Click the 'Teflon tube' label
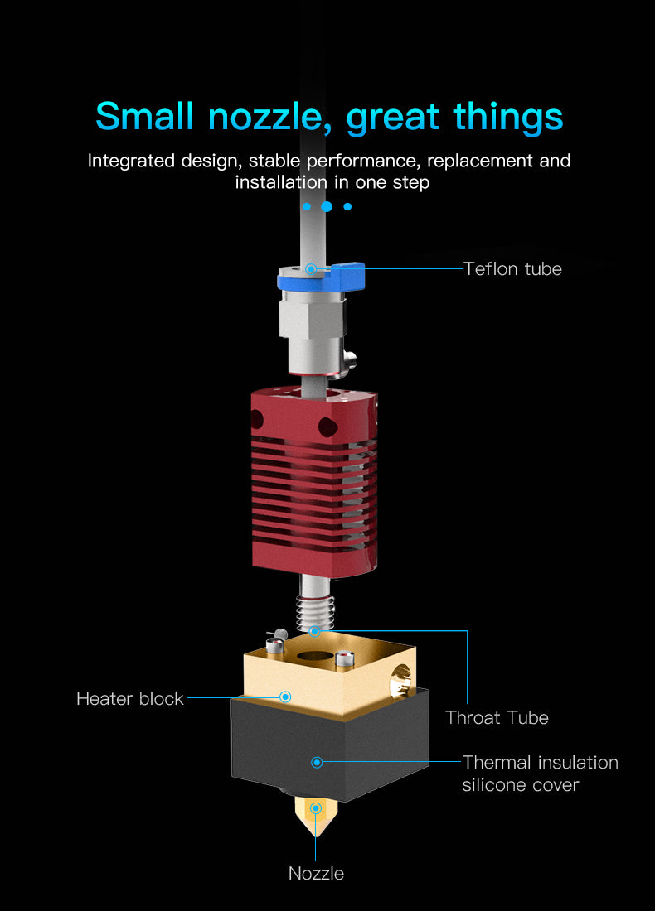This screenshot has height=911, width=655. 512,269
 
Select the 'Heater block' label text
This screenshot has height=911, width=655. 129,698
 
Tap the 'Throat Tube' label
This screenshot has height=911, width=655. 497,717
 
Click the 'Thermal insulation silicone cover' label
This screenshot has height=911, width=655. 540,774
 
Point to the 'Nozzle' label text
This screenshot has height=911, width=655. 316,873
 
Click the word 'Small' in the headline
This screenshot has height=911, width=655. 144,116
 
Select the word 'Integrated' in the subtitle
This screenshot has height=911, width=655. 132,161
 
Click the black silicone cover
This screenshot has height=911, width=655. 330,750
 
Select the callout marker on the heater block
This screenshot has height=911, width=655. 285,697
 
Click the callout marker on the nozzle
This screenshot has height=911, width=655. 316,808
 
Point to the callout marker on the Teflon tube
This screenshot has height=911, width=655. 311,269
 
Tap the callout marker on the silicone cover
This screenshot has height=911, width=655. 317,762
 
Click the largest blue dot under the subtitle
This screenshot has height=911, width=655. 327,206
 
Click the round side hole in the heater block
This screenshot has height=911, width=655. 400,681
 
